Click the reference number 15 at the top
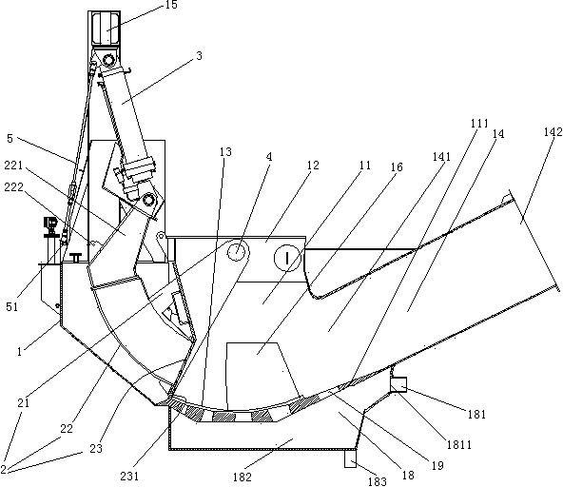point(171,5)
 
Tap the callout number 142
point(553,132)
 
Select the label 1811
point(459,445)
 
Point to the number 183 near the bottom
point(377,481)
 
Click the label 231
point(129,477)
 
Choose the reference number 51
point(11,306)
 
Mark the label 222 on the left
point(13,187)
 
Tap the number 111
point(479,124)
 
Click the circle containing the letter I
point(287,258)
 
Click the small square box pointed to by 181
point(398,384)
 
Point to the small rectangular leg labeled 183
point(350,458)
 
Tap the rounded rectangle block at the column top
point(106,29)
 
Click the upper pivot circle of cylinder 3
point(108,59)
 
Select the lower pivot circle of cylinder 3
point(148,200)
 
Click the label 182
point(243,477)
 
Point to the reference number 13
point(225,152)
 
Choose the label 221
point(13,166)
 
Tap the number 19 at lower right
point(437,466)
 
